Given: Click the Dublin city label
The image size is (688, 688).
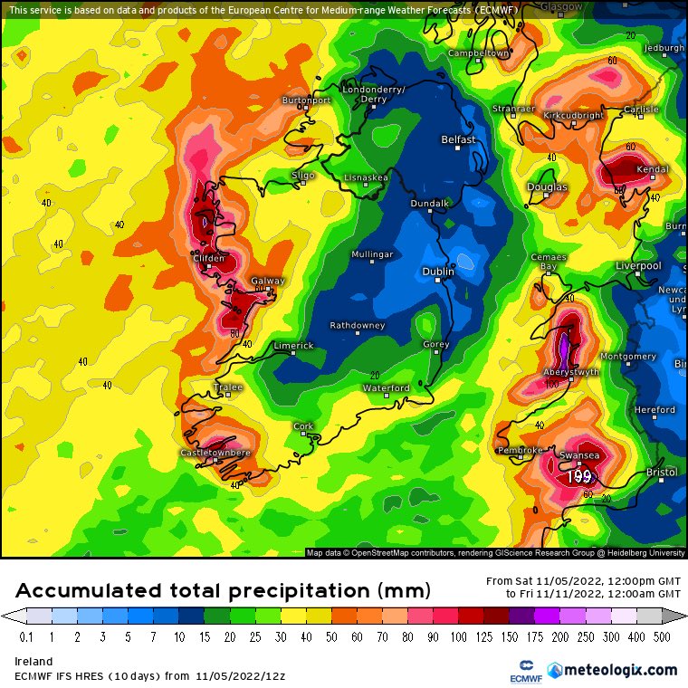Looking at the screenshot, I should (439, 271).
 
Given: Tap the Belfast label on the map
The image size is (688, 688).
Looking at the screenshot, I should (457, 139).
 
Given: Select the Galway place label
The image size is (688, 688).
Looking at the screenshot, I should (267, 281).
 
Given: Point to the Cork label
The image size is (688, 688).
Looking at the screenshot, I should (303, 425).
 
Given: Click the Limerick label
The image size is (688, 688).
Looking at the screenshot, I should (293, 346).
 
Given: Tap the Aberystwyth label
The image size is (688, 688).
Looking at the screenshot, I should (570, 372).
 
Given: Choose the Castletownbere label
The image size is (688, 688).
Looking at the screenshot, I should (215, 452).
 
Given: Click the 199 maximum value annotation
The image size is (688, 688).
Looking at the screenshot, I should (578, 476).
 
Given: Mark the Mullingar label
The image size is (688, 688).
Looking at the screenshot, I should (373, 254).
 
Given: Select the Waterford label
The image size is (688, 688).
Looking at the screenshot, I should (387, 387).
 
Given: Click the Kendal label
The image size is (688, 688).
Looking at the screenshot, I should (653, 169).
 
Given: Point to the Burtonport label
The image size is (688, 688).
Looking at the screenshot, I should (306, 100).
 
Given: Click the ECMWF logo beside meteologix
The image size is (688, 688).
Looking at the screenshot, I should (521, 670).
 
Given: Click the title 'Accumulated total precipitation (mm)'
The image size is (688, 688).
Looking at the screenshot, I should (222, 591).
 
